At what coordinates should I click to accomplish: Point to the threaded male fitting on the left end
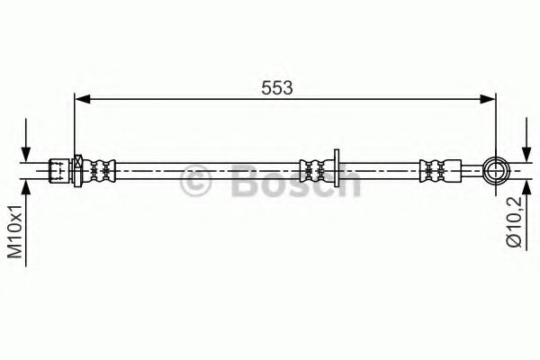(x=59, y=168)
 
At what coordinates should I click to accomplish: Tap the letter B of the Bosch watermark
(x=244, y=183)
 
